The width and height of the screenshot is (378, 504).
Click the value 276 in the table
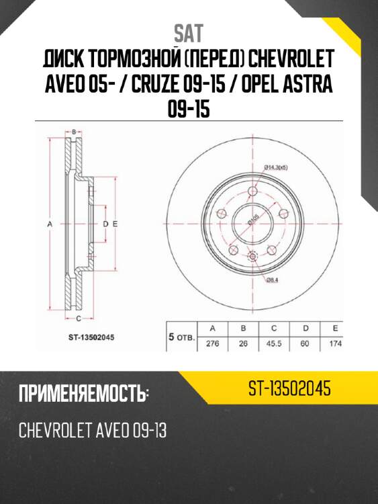[212, 343]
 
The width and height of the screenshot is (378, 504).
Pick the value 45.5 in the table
[274, 343]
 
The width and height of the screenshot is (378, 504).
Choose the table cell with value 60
[305, 343]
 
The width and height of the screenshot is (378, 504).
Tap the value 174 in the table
[336, 343]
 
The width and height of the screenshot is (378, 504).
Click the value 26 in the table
[243, 343]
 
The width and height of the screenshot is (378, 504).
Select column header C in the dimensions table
[274, 329]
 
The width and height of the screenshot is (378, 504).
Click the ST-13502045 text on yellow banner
[289, 388]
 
